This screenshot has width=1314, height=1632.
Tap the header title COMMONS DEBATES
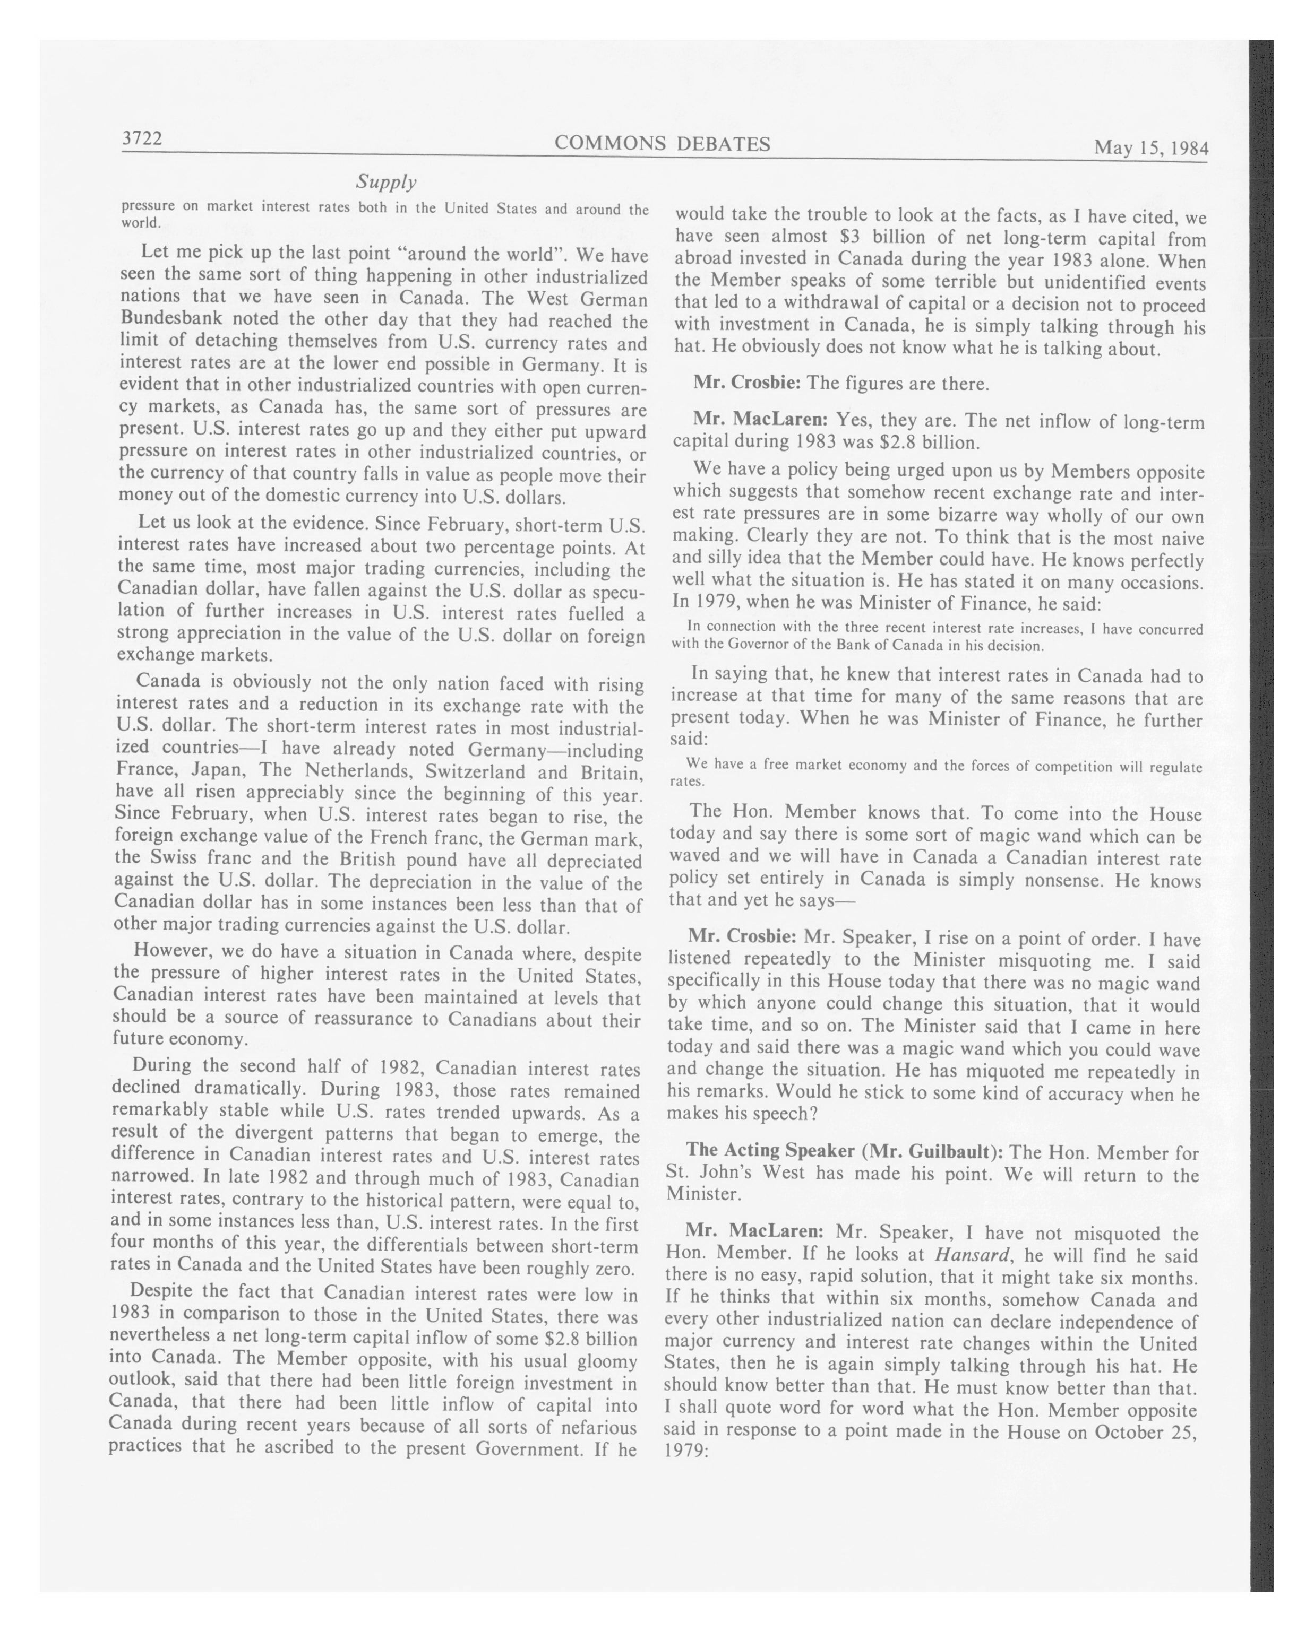coord(663,144)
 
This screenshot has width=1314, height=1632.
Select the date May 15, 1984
coord(1150,147)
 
